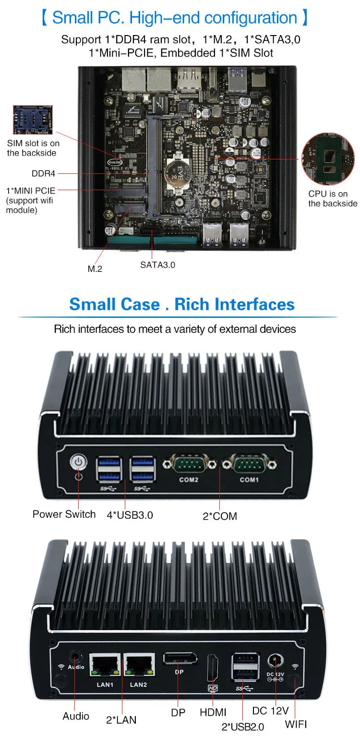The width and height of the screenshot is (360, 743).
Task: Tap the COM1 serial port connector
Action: [x=249, y=464]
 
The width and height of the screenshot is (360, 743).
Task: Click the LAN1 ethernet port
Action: [x=105, y=665]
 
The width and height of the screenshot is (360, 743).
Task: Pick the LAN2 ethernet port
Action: [x=139, y=665]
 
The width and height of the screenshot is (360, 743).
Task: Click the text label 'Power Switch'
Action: [x=64, y=514]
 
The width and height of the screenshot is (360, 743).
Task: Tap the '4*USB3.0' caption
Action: [x=130, y=515]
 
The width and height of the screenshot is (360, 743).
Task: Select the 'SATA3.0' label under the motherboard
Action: [x=158, y=264]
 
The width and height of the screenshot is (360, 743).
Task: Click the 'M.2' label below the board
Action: [x=95, y=268]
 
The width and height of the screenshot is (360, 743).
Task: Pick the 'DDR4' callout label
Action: [x=44, y=173]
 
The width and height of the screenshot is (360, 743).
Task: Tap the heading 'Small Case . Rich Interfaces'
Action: [x=181, y=304]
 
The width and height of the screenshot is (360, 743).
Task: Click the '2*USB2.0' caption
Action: [x=242, y=727]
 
